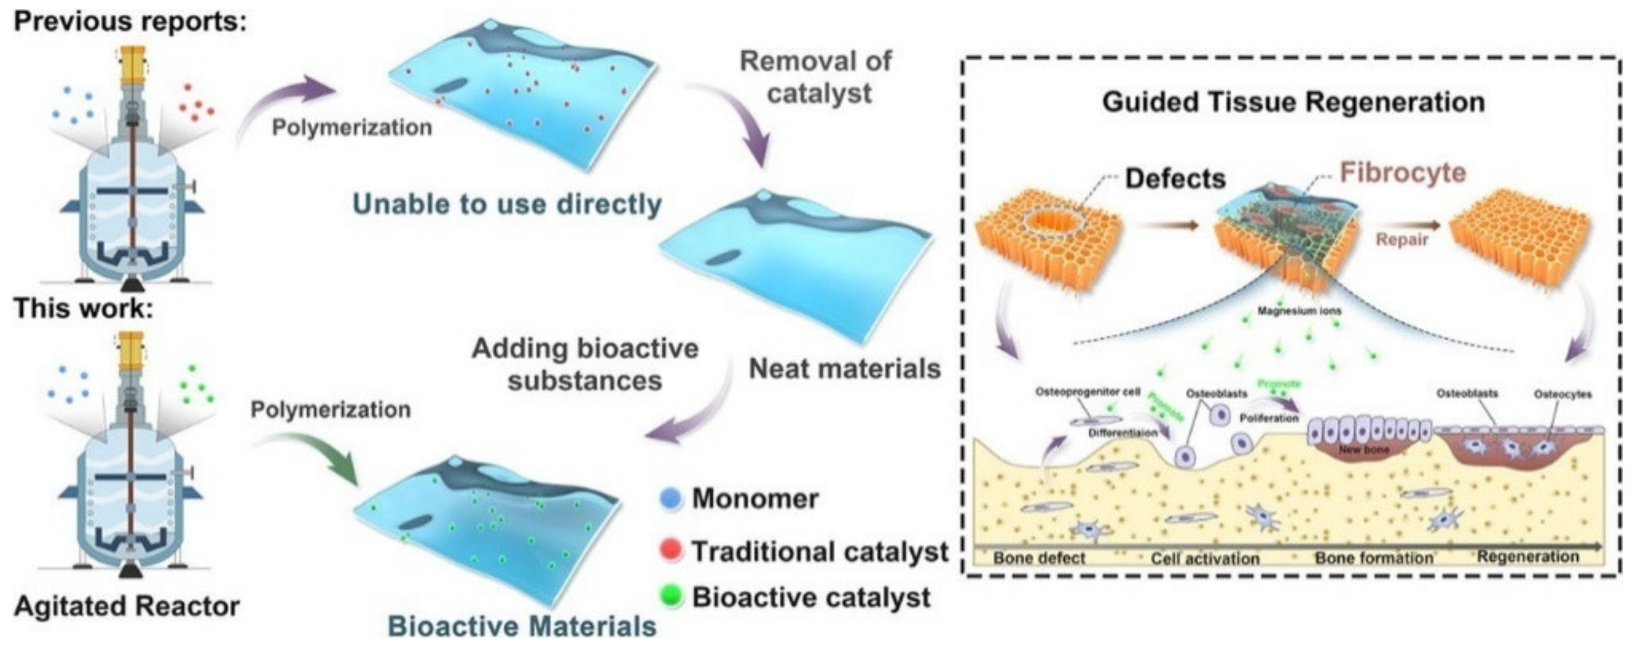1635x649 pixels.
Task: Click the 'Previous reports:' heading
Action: click(130, 22)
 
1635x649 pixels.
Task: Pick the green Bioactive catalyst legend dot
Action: click(670, 596)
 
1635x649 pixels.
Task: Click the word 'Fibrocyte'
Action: click(1402, 173)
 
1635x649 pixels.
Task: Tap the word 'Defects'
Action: click(1175, 179)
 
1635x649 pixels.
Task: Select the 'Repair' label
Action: click(1402, 240)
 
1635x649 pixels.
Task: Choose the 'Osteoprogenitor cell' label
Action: click(1088, 392)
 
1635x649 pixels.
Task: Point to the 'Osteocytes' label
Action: click(1562, 394)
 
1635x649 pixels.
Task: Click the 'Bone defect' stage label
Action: click(1039, 558)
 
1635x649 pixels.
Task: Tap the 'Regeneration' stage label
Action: click(1528, 557)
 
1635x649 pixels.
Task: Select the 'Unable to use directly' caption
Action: click(506, 204)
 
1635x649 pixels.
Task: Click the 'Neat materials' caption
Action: click(844, 368)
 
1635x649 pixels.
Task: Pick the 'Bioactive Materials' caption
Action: click(522, 626)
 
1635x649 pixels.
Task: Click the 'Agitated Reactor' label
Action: click(126, 606)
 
